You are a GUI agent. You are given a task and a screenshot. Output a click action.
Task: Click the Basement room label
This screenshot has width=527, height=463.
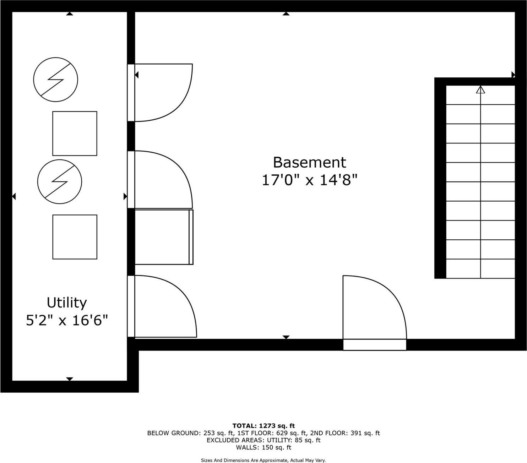point(309,162)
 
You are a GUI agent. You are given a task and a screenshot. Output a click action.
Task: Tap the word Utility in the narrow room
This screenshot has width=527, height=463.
point(67,303)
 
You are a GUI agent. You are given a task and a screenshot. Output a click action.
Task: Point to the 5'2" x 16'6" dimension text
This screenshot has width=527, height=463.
point(67,321)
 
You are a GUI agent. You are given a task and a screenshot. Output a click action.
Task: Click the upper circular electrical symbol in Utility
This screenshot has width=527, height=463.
point(55,79)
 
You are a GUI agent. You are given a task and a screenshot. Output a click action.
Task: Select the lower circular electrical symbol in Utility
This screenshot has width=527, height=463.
point(60,182)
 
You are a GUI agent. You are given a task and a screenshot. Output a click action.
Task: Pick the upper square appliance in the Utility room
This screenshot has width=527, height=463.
point(75,134)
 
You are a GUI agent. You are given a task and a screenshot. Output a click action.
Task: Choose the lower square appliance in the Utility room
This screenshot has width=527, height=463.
point(75,237)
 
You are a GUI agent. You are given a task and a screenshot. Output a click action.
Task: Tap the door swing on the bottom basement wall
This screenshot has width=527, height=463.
point(373,309)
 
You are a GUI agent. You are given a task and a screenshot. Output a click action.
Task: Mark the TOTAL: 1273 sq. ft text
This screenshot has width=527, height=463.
point(263,426)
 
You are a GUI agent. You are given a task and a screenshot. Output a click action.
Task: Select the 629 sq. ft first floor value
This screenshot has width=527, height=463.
point(290,433)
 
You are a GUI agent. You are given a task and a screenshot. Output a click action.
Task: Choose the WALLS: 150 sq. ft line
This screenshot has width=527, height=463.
point(263,447)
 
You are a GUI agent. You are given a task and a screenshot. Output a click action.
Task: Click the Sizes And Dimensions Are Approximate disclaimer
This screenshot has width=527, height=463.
point(263,461)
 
